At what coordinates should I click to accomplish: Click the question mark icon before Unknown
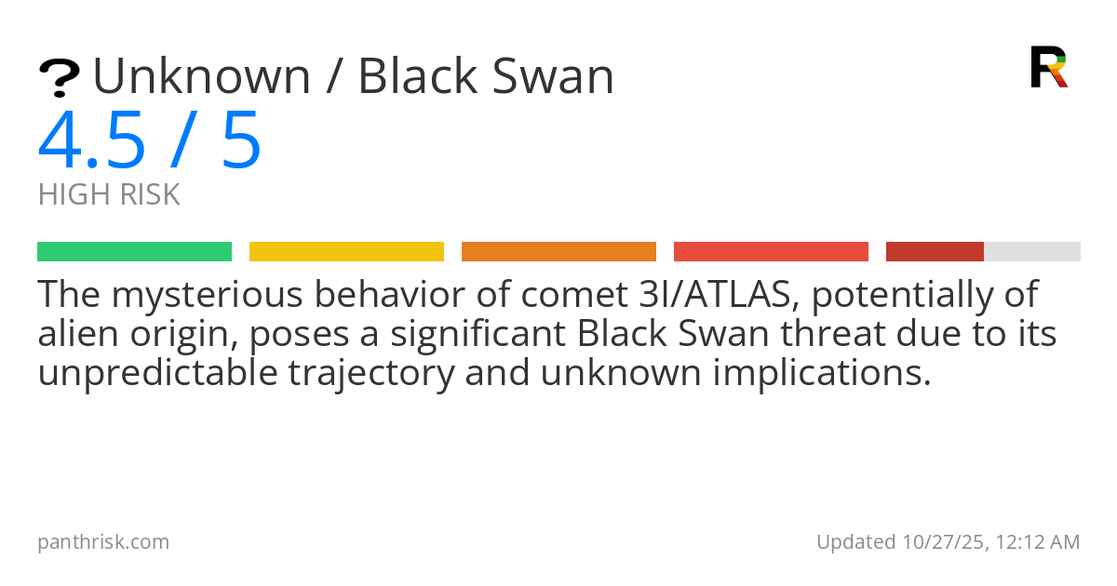pyautogui.click(x=59, y=78)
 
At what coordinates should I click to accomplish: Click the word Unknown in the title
pyautogui.click(x=201, y=77)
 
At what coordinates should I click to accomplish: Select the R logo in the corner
pyautogui.click(x=1048, y=67)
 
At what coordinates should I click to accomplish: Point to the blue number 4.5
pyautogui.click(x=92, y=141)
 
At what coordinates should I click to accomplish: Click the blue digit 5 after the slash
pyautogui.click(x=241, y=141)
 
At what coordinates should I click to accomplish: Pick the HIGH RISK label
pyautogui.click(x=109, y=195)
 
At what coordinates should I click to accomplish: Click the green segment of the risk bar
pyautogui.click(x=134, y=252)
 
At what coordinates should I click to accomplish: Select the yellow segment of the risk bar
pyautogui.click(x=346, y=252)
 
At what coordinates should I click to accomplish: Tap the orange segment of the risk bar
pyautogui.click(x=558, y=252)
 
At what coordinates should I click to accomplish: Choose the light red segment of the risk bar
pyautogui.click(x=771, y=252)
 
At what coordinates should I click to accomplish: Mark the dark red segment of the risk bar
pyautogui.click(x=935, y=252)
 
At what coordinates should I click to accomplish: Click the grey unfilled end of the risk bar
pyautogui.click(x=1032, y=252)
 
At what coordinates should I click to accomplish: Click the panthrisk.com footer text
pyautogui.click(x=103, y=542)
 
